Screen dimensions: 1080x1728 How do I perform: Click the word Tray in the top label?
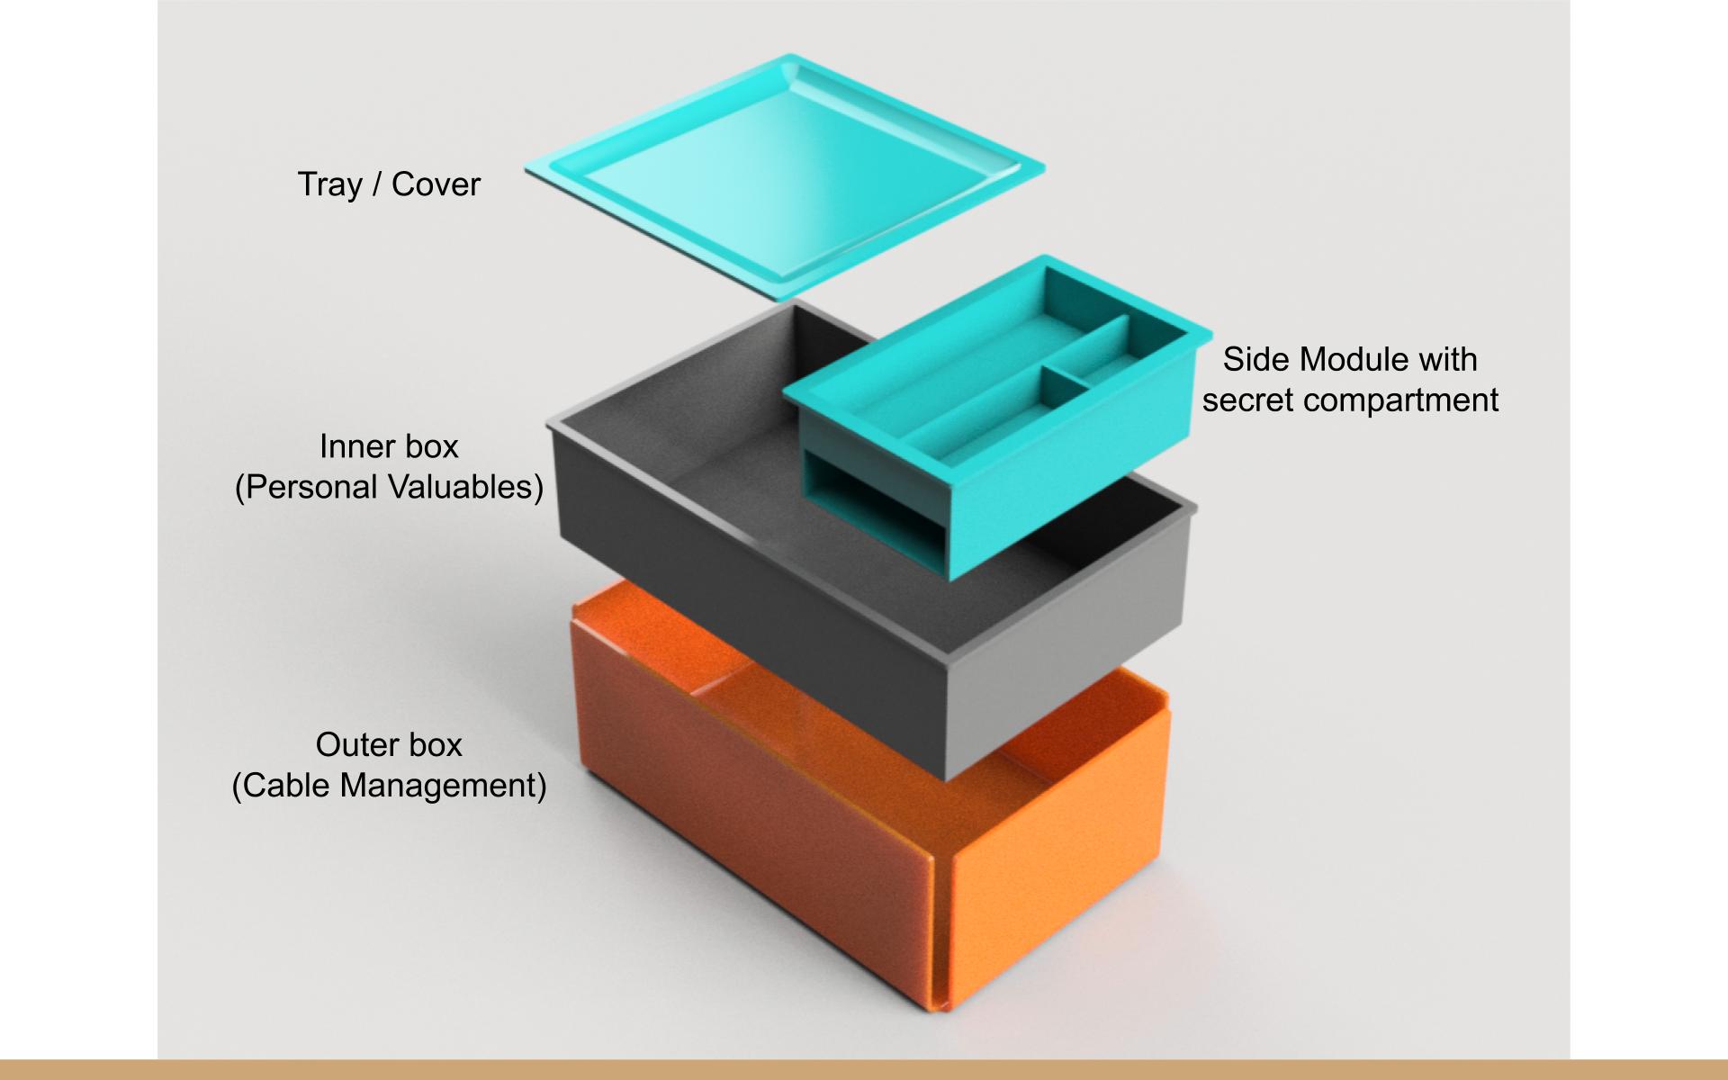(329, 184)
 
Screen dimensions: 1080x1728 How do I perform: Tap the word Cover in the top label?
(436, 184)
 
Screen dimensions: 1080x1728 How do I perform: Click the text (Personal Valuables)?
(389, 487)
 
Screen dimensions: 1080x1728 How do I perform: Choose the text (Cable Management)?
(389, 786)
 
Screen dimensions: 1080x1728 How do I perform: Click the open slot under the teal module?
(864, 504)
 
